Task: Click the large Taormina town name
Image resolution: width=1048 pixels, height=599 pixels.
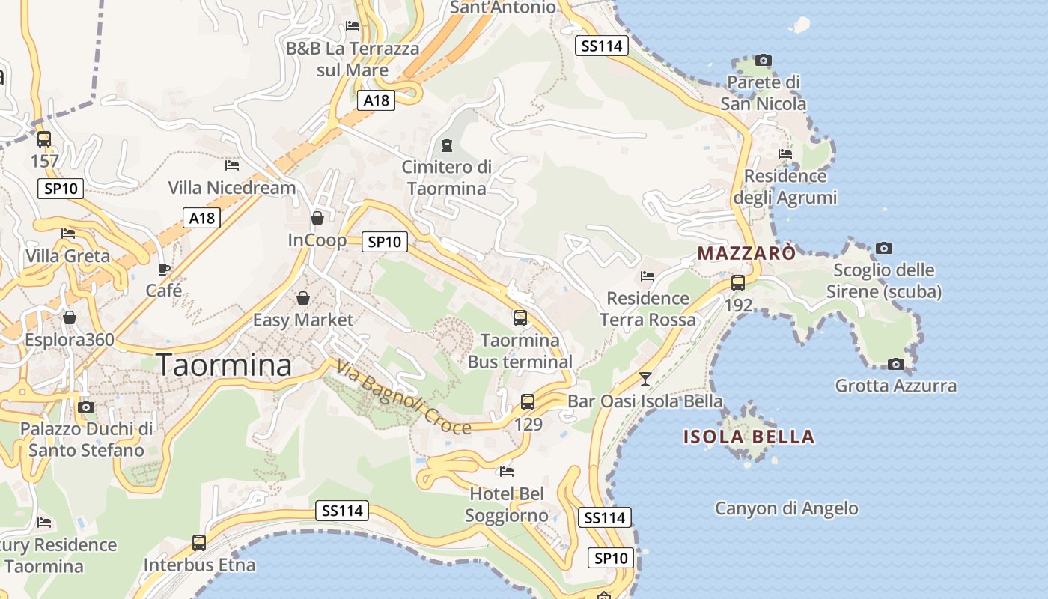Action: [x=224, y=365]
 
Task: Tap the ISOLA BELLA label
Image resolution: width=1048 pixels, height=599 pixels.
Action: [x=749, y=437]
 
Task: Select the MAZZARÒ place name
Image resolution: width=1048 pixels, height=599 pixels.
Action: [x=746, y=253]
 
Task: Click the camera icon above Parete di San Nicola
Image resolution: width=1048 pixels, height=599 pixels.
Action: [x=764, y=60]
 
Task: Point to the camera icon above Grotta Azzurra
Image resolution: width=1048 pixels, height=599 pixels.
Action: [x=895, y=364]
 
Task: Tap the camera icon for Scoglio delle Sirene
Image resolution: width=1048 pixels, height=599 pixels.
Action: [x=884, y=248]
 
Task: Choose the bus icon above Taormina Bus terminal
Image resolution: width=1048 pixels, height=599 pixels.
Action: [x=520, y=318]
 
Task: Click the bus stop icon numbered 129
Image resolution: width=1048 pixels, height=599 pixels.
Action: [x=528, y=402]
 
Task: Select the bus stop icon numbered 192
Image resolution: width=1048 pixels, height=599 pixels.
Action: [x=738, y=283]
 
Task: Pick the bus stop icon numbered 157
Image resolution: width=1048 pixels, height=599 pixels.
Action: [x=44, y=139]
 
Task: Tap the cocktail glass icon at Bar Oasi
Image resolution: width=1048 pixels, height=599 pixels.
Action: [x=645, y=378]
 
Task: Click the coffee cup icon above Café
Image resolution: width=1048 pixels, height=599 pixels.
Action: [x=164, y=269]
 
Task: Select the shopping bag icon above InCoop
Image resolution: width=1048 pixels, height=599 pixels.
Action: [x=317, y=218]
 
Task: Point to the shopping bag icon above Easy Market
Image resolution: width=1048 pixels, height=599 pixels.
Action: [x=303, y=298]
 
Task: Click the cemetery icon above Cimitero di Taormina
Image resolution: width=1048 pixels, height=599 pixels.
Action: [x=447, y=145]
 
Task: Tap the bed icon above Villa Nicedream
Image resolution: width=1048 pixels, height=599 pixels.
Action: [x=232, y=165]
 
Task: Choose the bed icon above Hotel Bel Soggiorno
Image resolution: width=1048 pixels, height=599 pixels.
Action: [x=507, y=472]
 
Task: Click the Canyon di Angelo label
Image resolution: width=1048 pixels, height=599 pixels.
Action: [x=786, y=508]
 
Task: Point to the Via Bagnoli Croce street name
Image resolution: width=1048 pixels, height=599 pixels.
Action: [x=403, y=397]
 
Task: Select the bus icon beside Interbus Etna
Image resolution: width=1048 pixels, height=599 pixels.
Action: [x=199, y=543]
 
